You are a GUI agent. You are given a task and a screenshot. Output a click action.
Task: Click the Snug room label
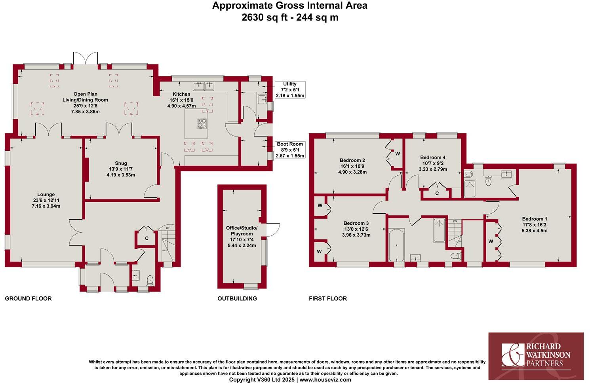[121, 163]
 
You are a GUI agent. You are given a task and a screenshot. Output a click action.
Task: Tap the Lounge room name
[46, 194]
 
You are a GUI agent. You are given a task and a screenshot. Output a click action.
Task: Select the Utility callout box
[290, 90]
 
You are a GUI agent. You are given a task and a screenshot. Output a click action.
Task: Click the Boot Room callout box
[290, 150]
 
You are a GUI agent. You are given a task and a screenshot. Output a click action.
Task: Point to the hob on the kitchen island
[202, 123]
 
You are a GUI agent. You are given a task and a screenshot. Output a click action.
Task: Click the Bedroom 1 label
[535, 219]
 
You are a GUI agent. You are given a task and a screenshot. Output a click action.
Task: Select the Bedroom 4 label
[433, 157]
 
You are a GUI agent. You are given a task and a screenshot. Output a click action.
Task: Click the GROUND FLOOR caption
[28, 298]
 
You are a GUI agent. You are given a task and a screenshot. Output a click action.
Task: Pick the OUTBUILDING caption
[237, 298]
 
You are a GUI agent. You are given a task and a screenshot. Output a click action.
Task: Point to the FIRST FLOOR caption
[328, 298]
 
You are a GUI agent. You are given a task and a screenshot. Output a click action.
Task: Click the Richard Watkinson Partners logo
[536, 355]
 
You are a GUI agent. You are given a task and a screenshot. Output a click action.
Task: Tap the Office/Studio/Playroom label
[242, 231]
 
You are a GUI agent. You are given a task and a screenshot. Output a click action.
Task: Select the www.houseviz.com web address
[325, 379]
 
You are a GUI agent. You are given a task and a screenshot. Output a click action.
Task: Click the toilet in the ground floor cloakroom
[150, 280]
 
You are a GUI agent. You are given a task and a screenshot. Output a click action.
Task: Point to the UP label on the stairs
[167, 228]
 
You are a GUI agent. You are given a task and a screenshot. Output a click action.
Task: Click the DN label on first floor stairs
[455, 221]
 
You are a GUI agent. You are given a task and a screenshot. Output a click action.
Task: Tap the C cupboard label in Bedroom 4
[437, 193]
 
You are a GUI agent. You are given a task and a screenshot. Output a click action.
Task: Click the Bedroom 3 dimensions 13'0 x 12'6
[356, 229]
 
